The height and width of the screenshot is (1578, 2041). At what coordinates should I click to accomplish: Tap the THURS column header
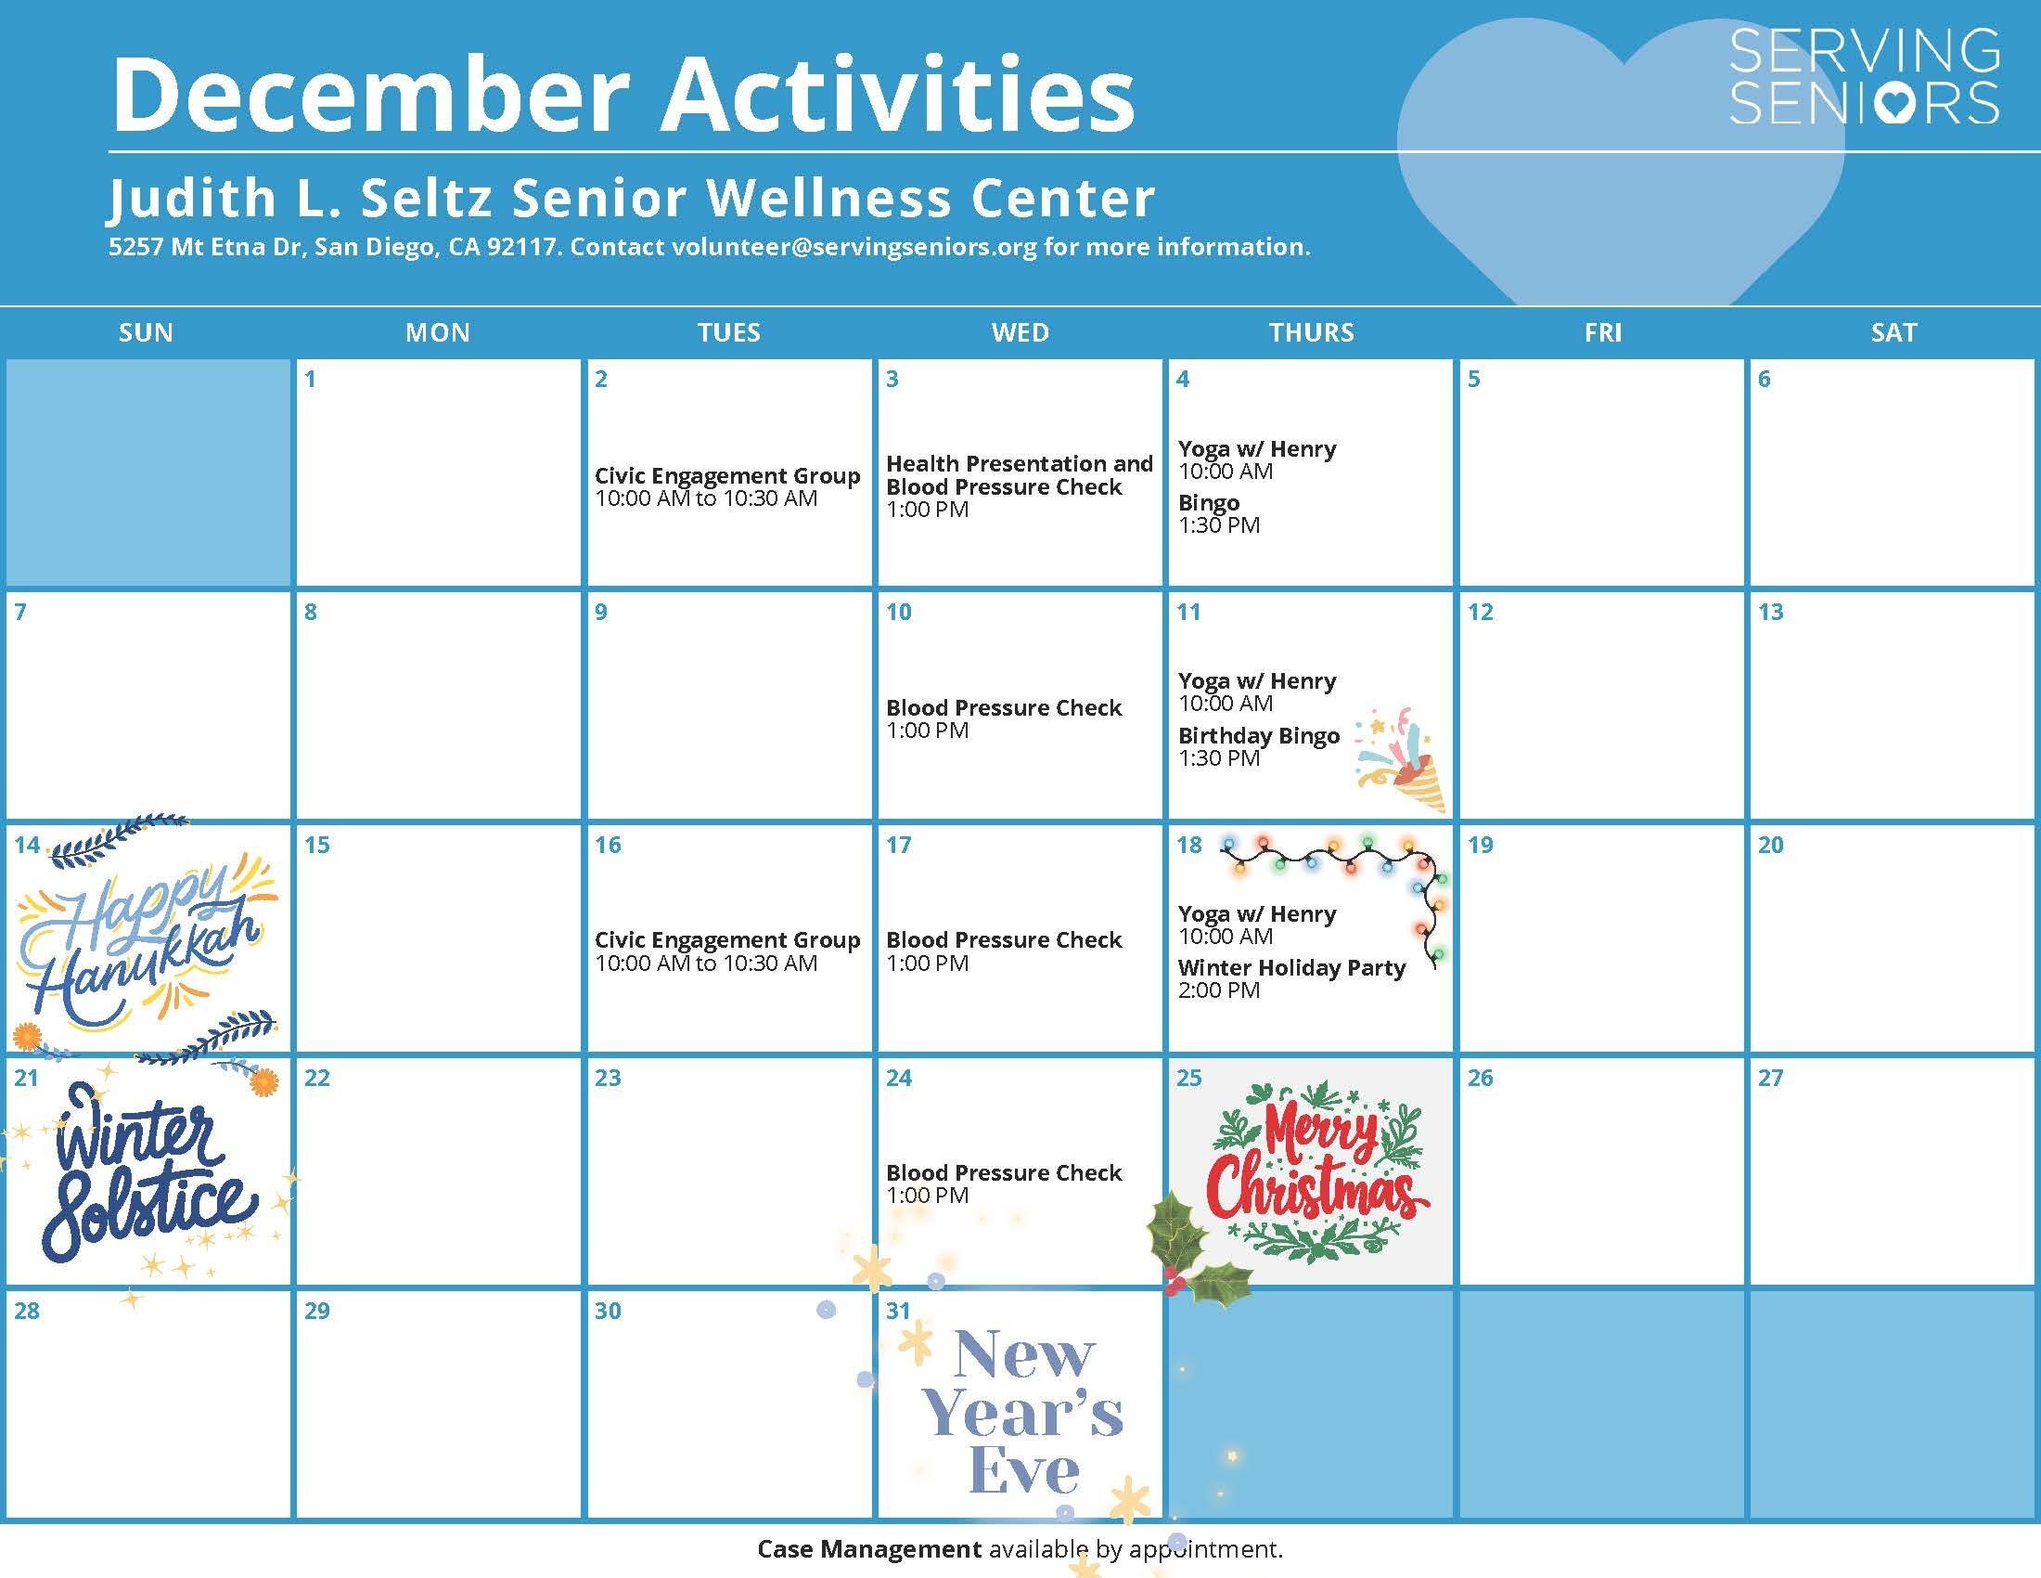pos(1311,333)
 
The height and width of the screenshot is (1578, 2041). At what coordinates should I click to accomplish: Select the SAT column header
pos(1893,333)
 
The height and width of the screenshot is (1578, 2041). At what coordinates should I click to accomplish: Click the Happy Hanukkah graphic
pos(146,939)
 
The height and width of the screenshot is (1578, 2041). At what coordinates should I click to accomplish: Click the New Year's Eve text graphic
pos(1022,1413)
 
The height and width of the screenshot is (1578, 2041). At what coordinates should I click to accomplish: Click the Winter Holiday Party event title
pos(1291,967)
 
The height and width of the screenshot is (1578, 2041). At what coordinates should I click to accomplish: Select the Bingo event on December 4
pos(1208,503)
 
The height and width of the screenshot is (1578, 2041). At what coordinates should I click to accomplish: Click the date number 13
pos(1771,613)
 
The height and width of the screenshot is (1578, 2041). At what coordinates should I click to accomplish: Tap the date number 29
pos(316,1311)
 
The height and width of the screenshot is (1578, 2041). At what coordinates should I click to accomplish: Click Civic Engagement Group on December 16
pos(727,940)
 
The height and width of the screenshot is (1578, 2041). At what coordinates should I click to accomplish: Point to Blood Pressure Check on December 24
pos(1004,1173)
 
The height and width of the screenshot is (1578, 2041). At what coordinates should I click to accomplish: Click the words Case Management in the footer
pos(869,1549)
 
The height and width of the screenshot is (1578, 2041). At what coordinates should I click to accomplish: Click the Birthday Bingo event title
pos(1259,736)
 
